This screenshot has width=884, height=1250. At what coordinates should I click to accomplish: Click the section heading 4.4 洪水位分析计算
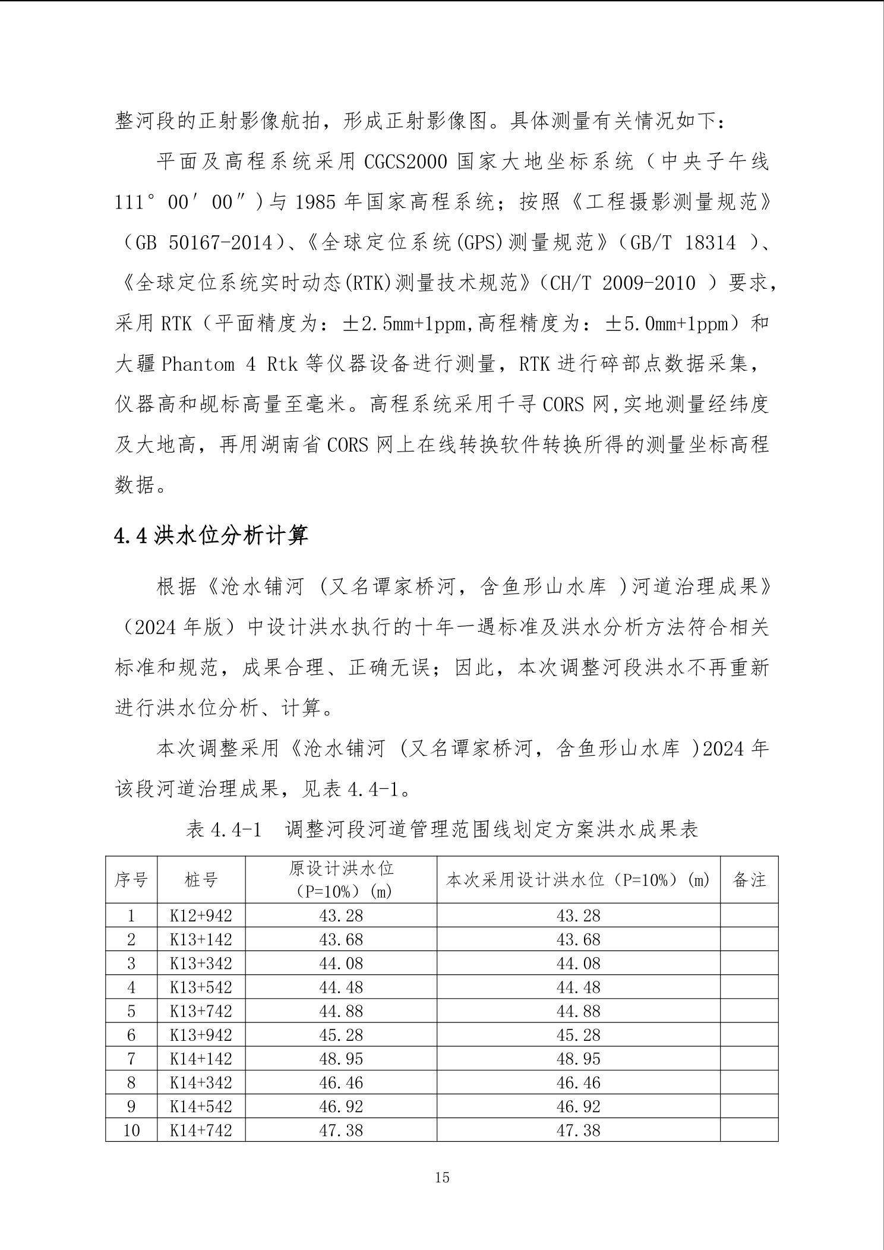211,536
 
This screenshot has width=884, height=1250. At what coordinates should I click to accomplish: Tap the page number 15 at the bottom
442,1177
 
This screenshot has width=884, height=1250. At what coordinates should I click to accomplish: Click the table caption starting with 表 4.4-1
441,829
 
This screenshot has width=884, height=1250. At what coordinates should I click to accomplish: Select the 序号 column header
131,880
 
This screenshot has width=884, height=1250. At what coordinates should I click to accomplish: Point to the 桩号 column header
201,880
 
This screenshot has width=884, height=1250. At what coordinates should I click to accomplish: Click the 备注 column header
749,880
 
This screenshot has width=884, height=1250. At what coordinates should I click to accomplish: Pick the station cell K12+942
201,916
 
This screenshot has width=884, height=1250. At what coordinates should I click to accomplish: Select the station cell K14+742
201,1129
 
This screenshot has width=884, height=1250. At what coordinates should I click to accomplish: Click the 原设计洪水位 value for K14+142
340,1058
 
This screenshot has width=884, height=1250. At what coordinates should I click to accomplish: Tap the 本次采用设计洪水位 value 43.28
578,916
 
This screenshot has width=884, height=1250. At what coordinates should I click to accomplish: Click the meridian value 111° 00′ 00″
182,203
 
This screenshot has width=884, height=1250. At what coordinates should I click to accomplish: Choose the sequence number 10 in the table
131,1129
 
